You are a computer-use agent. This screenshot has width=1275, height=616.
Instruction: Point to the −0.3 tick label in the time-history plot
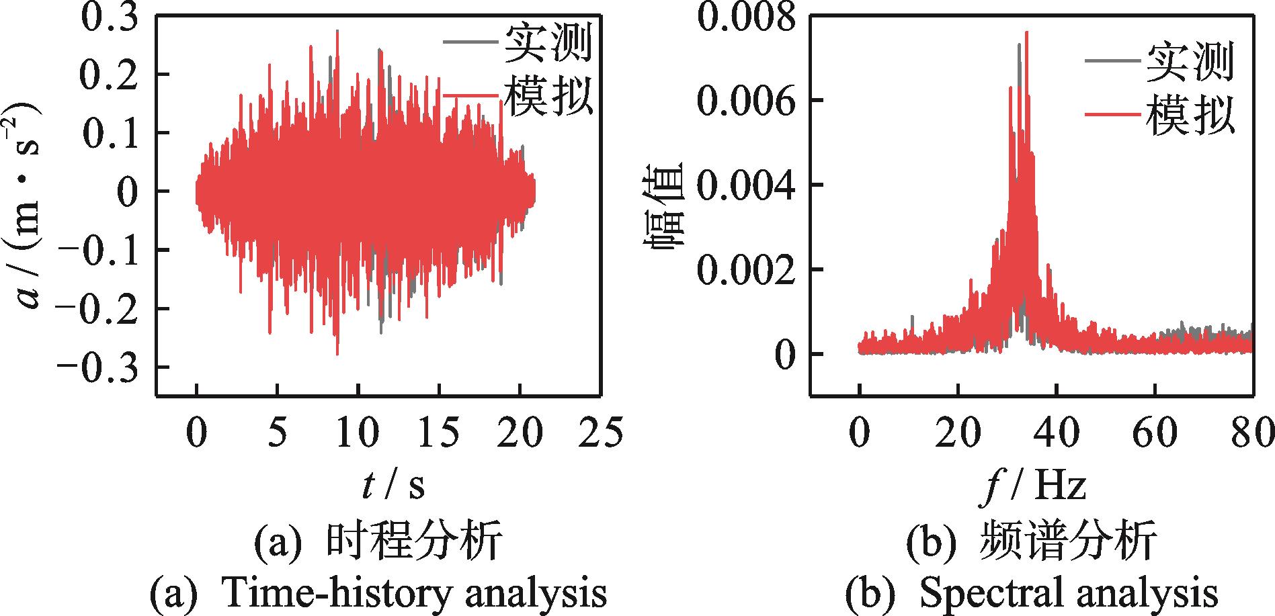pos(101,367)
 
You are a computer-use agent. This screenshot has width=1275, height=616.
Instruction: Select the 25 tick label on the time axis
pos(602,433)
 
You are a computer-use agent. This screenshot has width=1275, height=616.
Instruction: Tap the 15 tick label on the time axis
pos(440,433)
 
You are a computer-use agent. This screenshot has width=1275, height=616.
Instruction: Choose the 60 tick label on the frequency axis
pos(1156,433)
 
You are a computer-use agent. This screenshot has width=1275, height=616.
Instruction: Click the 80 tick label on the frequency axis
pos(1253,433)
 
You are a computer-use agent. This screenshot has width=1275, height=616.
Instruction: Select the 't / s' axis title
pos(393,485)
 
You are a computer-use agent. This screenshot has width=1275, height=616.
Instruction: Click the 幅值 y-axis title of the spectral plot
pos(665,205)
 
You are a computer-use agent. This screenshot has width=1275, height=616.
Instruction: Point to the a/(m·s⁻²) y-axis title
pos(27,205)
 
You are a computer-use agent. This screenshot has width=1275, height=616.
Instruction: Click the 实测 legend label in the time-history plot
pos(548,43)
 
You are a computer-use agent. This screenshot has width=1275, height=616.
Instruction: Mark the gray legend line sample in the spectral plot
pos(1113,62)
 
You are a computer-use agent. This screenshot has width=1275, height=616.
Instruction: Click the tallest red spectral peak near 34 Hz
pos(1026,32)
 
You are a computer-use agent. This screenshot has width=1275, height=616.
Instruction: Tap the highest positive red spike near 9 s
pos(337,31)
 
